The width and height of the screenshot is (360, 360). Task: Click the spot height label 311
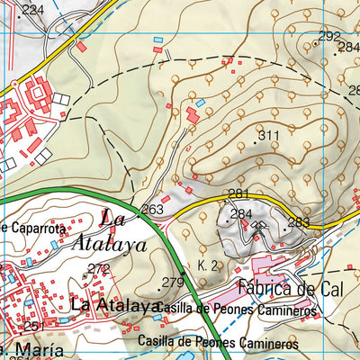click(268, 137)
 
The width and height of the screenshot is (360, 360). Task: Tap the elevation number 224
click(32, 10)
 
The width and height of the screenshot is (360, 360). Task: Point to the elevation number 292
click(330, 36)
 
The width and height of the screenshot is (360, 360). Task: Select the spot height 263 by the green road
click(153, 210)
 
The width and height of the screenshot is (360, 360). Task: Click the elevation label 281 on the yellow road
click(238, 194)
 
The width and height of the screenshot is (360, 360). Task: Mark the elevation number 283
click(299, 222)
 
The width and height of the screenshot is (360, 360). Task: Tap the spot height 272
click(98, 269)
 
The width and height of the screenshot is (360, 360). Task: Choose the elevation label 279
click(172, 283)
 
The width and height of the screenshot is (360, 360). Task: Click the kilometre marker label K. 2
click(208, 265)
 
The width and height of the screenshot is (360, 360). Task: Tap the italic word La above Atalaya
click(112, 217)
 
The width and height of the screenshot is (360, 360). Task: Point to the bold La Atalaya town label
click(113, 306)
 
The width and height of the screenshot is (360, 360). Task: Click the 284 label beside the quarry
click(240, 214)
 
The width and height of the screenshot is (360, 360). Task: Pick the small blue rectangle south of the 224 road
click(158, 40)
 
